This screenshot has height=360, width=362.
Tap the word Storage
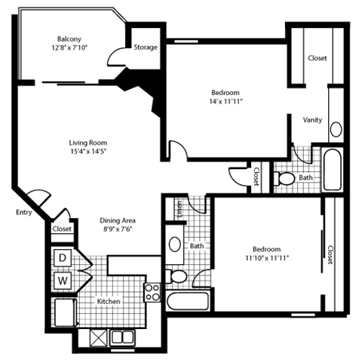tap(146, 48)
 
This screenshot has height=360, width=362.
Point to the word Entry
tap(22, 213)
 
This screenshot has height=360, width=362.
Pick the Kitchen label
tap(109, 302)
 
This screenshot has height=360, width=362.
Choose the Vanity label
tap(313, 120)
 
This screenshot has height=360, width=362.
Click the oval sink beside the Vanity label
tap(336, 128)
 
